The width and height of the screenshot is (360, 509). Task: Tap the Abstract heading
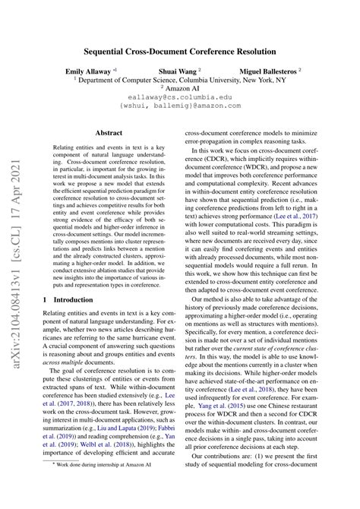(109, 132)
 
